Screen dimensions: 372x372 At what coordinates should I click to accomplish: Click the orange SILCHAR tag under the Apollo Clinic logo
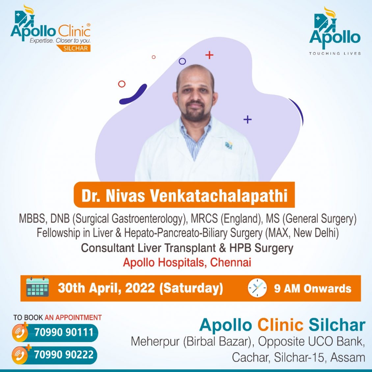click(x=73, y=48)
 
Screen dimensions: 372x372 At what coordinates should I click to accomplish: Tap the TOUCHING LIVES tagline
click(x=335, y=53)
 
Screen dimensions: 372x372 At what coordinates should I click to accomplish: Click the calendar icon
click(x=38, y=287)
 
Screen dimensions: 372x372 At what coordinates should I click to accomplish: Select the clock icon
click(x=257, y=288)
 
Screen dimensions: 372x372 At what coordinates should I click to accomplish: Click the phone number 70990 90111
click(x=64, y=332)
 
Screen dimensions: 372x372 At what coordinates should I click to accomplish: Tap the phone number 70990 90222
click(x=64, y=355)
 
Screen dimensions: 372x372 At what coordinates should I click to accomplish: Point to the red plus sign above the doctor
click(x=209, y=55)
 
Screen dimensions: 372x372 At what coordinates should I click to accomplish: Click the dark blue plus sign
click(x=248, y=119)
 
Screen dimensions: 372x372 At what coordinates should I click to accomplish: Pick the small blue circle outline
click(x=182, y=61)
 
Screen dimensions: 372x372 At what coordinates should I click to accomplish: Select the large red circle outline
click(x=122, y=84)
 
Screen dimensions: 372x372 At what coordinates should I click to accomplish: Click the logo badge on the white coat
click(x=229, y=145)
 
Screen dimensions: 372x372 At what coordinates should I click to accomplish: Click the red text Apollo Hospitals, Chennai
click(x=187, y=262)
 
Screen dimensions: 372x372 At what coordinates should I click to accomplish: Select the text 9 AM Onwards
click(x=312, y=288)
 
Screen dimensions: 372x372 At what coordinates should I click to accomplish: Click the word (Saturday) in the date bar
click(x=191, y=288)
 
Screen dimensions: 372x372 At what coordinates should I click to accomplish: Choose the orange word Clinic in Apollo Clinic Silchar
click(x=280, y=325)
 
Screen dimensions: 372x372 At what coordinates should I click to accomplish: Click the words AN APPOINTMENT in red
click(x=73, y=317)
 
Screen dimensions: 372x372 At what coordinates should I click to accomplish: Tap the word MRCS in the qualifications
click(x=204, y=219)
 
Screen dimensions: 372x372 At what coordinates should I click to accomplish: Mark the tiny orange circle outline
click(x=154, y=57)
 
